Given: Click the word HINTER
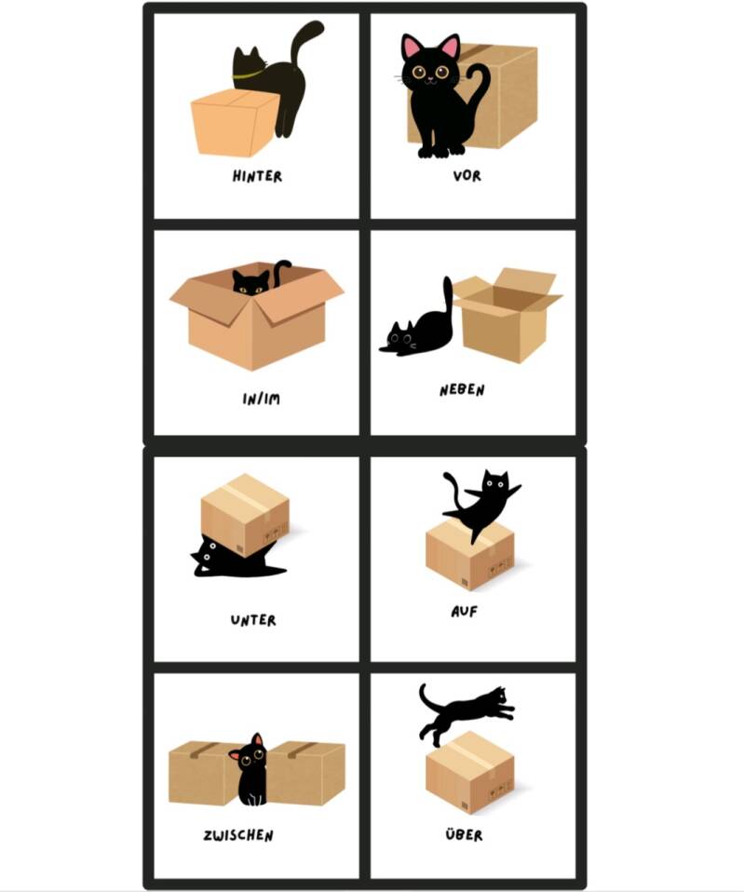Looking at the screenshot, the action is click(257, 176).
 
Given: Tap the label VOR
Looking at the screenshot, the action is click(467, 176).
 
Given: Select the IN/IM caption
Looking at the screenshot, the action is click(261, 399).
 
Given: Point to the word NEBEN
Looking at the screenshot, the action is click(462, 390).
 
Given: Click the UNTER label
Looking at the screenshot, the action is click(253, 619).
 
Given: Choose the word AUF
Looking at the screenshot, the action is click(464, 612).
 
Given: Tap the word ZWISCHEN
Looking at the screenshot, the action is click(238, 835).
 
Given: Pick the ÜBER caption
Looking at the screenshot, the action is click(464, 834).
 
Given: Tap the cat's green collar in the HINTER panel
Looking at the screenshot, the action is click(248, 74).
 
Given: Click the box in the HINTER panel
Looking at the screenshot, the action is click(233, 122).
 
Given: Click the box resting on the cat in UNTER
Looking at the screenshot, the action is click(245, 515).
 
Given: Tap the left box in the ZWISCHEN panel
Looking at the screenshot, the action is click(204, 773).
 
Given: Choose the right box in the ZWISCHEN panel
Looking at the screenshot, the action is click(305, 773).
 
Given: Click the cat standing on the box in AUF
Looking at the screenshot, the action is click(482, 504).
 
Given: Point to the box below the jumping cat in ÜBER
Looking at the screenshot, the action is click(470, 773).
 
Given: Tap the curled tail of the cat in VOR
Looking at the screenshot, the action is click(481, 86).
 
